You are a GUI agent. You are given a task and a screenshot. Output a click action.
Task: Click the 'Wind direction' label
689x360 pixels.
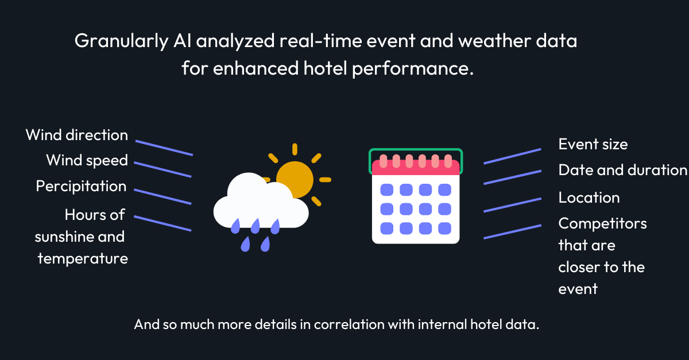point(77,135)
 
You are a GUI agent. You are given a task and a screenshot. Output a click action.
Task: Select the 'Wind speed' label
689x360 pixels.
point(87,161)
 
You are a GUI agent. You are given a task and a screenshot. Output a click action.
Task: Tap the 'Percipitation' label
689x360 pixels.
point(81,187)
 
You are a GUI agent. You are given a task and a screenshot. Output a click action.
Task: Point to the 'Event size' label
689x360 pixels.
point(593,144)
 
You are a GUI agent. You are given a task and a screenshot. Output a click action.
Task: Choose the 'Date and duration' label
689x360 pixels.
point(623,170)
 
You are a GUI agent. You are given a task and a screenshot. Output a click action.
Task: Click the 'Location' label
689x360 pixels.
point(589,198)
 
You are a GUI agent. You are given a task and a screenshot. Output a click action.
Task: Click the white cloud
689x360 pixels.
point(261,202)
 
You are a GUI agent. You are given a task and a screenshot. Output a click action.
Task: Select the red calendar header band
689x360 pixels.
point(416,168)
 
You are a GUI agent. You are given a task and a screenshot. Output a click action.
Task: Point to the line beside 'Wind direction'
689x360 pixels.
point(164,148)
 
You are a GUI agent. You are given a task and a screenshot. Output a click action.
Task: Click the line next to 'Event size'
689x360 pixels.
point(512,156)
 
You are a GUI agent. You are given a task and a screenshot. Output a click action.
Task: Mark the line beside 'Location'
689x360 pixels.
point(512,205)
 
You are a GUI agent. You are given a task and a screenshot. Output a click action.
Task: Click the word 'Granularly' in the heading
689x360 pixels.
point(122,41)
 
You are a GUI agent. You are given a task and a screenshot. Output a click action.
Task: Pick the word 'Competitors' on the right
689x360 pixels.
point(602,224)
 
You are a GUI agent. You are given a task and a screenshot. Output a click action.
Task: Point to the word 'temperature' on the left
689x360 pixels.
point(83,259)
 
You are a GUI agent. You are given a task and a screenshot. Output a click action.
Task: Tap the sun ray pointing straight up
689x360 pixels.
point(295,149)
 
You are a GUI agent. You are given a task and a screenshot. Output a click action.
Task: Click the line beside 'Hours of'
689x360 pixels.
point(162,223)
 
